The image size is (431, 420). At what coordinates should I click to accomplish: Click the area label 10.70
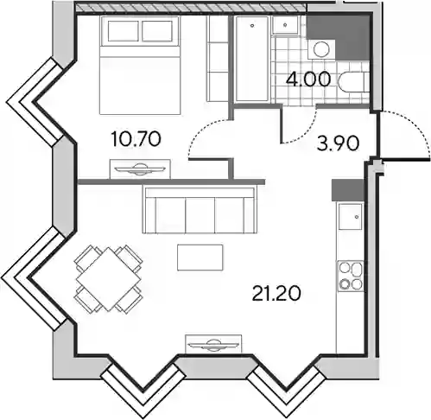tap(136, 139)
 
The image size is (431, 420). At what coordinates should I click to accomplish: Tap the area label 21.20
tap(276, 293)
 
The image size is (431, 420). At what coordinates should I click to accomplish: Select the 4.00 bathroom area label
tap(308, 80)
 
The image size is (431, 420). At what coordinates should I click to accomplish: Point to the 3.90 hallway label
tap(338, 143)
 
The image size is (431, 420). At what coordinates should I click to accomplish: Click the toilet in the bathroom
tap(353, 82)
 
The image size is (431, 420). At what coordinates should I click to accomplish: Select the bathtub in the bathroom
tap(252, 59)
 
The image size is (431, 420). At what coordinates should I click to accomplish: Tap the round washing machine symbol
tap(321, 49)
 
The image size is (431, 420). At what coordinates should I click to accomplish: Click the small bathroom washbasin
tap(285, 25)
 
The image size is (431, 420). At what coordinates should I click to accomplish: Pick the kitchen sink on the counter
tap(350, 216)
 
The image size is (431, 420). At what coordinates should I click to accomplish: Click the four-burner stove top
tap(351, 276)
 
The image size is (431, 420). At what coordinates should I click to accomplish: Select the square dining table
tap(108, 278)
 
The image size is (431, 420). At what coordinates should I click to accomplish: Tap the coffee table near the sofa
tap(200, 258)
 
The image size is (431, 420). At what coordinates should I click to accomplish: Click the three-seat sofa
tap(200, 209)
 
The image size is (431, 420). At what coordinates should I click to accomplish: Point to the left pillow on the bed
tap(123, 31)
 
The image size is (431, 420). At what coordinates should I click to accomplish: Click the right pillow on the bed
tap(157, 31)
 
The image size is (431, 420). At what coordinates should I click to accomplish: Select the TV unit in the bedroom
tap(140, 169)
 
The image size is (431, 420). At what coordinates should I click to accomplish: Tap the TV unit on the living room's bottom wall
tap(213, 344)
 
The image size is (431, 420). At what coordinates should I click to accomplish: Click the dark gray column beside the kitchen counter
tap(348, 190)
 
